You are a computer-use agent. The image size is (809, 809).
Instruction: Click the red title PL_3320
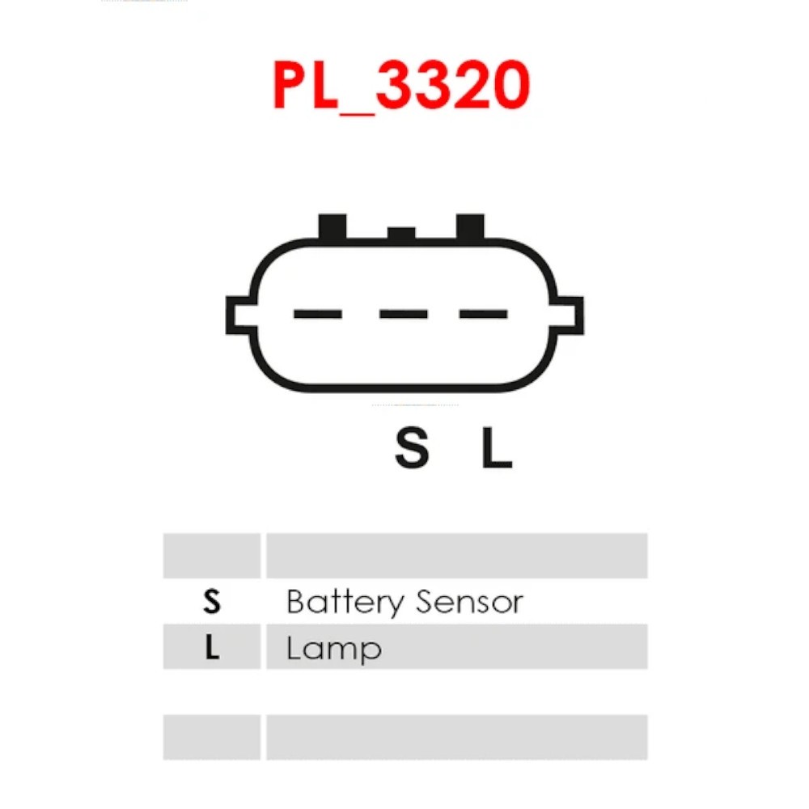point(401,87)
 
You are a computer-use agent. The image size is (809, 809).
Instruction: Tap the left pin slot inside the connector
point(317,314)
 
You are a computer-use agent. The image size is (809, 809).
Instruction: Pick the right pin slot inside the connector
point(483,314)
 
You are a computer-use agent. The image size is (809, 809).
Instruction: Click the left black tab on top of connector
point(332,227)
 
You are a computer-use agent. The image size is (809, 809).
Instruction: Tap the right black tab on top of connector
point(470,227)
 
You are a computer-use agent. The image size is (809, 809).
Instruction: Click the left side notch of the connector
point(239,316)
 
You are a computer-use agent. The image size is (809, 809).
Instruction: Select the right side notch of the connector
point(569,316)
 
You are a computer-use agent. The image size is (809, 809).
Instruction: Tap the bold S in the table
point(212,602)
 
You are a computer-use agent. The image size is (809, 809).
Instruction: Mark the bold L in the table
point(212,648)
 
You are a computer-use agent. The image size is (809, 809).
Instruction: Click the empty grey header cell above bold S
point(212,556)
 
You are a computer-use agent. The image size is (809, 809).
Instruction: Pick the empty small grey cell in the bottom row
point(212,737)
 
